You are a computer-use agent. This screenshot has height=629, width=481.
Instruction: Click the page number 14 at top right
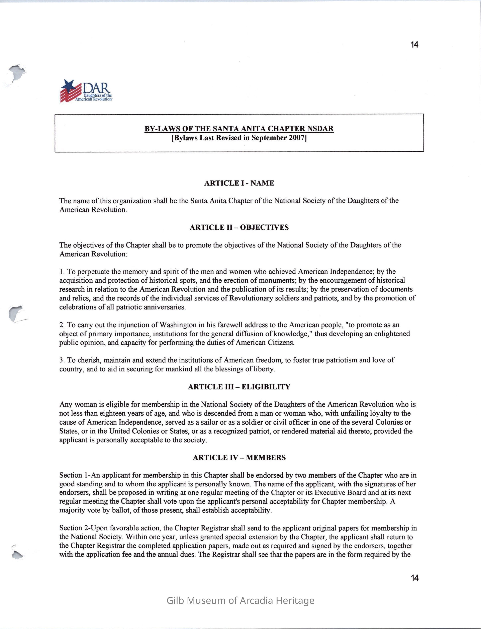(x=414, y=45)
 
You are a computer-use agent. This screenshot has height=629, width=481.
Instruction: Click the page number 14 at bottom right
(x=414, y=578)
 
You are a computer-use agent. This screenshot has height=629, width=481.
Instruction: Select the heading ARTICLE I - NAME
(x=239, y=183)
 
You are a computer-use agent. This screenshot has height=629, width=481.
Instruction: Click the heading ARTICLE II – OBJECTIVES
(x=239, y=227)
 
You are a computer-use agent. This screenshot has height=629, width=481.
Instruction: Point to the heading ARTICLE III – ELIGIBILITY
(x=239, y=387)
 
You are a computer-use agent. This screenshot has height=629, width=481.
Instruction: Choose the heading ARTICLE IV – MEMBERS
(x=239, y=458)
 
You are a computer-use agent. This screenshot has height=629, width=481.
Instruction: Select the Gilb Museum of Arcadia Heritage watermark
(x=240, y=600)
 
